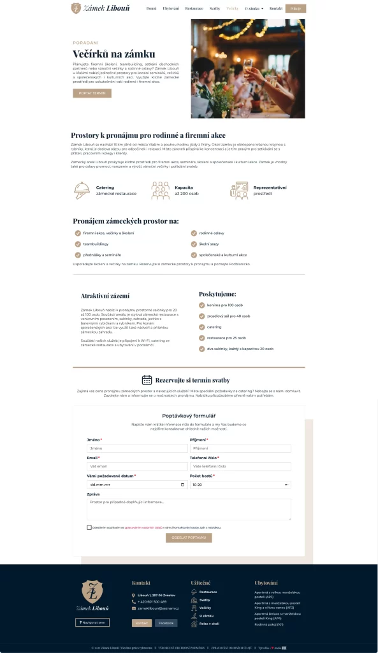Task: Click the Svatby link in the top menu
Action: coord(215,8)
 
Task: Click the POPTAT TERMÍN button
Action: coord(92,93)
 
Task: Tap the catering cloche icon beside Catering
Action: coord(82,190)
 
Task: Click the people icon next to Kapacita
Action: coord(160,190)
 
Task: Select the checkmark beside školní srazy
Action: coord(194,244)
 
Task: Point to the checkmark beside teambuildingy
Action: coord(78,244)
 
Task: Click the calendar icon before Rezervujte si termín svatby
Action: coord(147,380)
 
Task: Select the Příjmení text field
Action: coord(240,448)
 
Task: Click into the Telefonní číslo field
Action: coord(240,467)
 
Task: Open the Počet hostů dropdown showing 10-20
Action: coord(240,485)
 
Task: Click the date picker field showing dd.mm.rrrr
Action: coord(137,485)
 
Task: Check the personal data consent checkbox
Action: coord(89,527)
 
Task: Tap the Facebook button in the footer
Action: coord(166,622)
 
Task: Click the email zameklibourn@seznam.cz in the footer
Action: coord(158,608)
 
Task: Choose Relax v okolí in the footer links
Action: coord(209,623)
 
